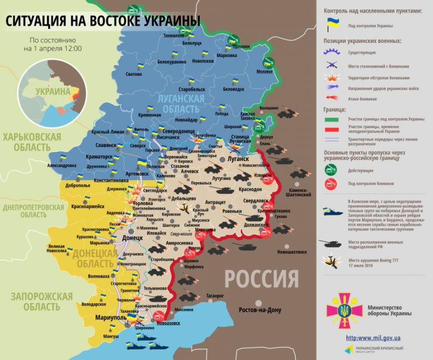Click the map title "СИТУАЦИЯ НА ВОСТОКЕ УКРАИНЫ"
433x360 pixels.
tap(103, 21)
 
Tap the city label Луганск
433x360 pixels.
tap(238, 159)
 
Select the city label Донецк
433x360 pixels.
tap(133, 238)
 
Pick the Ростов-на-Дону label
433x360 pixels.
tap(260, 310)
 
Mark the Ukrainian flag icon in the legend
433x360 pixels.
tap(332, 23)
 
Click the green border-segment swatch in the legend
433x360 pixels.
tap(332, 120)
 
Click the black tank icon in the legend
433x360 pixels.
tap(331, 244)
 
